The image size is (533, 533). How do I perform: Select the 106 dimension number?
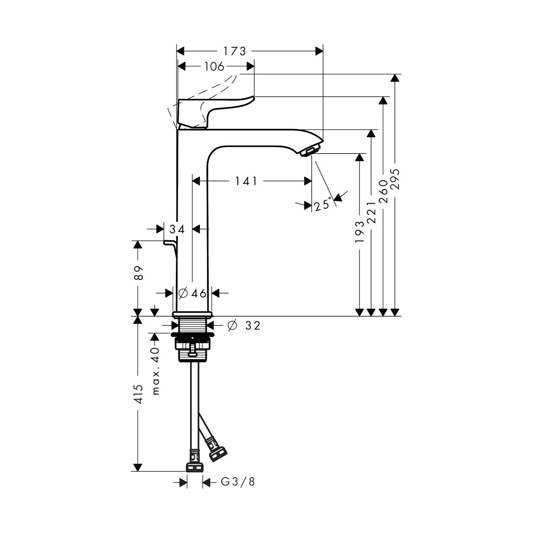click(x=215, y=66)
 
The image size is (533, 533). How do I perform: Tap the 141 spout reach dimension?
click(x=246, y=181)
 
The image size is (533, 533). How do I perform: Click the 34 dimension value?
click(x=177, y=230)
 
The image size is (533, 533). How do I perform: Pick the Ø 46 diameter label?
click(x=192, y=293)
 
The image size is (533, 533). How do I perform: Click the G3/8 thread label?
click(x=238, y=482)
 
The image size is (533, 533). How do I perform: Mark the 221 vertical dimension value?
click(x=371, y=212)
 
